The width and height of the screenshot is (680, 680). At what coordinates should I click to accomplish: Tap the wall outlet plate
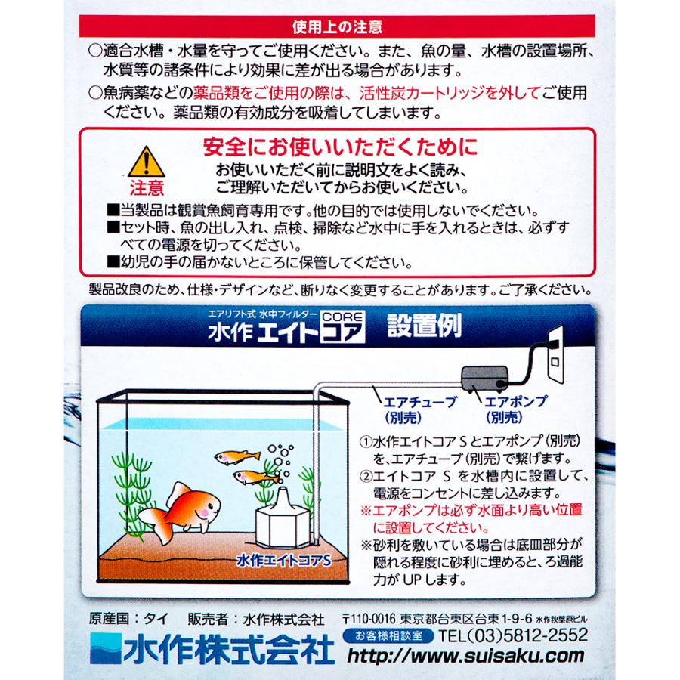pyautogui.click(x=560, y=356)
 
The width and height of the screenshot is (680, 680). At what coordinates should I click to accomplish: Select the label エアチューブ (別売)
pyautogui.click(x=402, y=409)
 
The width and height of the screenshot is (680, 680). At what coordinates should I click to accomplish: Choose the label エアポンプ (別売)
pyautogui.click(x=516, y=409)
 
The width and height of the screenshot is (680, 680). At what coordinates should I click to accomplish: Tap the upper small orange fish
pyautogui.click(x=236, y=456)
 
